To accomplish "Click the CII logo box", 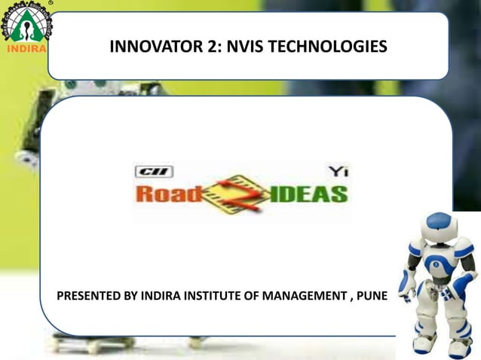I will pos(154,172).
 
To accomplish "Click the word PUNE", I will pos(369,294).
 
